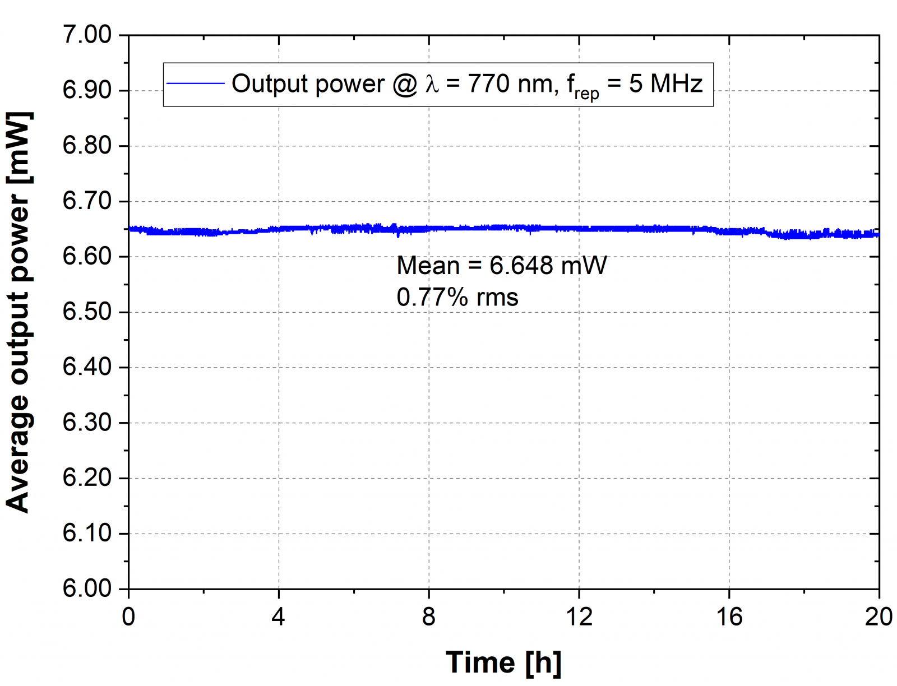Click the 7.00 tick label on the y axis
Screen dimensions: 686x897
(x=87, y=35)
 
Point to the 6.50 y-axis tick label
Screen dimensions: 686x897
(x=87, y=312)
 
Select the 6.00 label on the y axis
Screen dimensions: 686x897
(x=87, y=588)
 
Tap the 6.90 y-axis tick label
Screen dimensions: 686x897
(x=87, y=90)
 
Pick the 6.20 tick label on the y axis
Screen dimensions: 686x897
(x=87, y=478)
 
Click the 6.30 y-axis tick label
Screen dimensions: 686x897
(x=87, y=423)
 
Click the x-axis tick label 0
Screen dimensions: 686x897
(x=128, y=617)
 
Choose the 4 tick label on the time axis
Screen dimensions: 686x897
(x=279, y=617)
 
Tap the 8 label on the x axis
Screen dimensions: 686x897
(x=429, y=617)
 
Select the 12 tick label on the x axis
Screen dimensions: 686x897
(x=579, y=617)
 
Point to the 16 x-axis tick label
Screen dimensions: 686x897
(x=729, y=617)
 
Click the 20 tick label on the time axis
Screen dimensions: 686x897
(x=878, y=617)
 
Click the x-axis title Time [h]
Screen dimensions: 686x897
(x=503, y=662)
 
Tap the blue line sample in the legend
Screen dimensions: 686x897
(x=195, y=84)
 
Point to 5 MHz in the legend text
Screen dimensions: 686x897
(x=665, y=84)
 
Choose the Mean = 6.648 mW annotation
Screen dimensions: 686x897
(x=501, y=266)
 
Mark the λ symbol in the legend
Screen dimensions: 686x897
(x=432, y=84)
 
